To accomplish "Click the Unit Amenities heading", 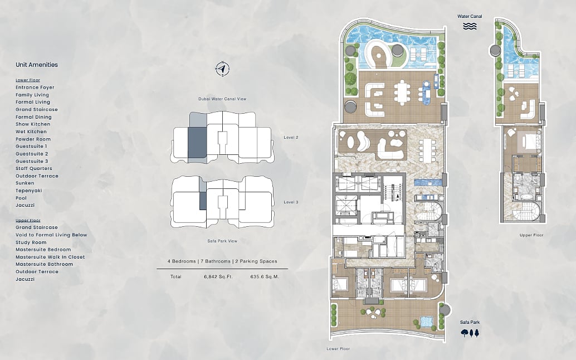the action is pos(37,65).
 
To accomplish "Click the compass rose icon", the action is pos(222,69).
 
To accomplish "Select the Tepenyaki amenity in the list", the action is pos(28,191).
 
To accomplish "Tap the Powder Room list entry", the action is pos(33,139).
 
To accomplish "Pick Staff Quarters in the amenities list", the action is pos(34,168).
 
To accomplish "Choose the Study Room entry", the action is pos(31,242).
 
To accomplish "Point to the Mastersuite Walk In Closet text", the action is pos(50,257).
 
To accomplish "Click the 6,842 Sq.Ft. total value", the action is pos(218,276).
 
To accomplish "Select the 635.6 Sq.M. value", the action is pos(265,276).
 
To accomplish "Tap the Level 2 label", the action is pos(291,138).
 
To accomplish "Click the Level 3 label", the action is pos(291,202).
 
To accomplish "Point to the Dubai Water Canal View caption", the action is pos(222,99).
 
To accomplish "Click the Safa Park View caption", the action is pos(222,241).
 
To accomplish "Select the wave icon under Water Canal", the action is pos(470,26).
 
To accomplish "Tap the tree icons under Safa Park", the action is pos(470,333).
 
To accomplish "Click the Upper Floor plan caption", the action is pos(531,235).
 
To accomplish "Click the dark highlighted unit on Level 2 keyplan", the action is pos(197,143).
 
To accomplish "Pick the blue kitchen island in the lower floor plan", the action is pos(427,182).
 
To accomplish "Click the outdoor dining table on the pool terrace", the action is pos(402,92).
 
